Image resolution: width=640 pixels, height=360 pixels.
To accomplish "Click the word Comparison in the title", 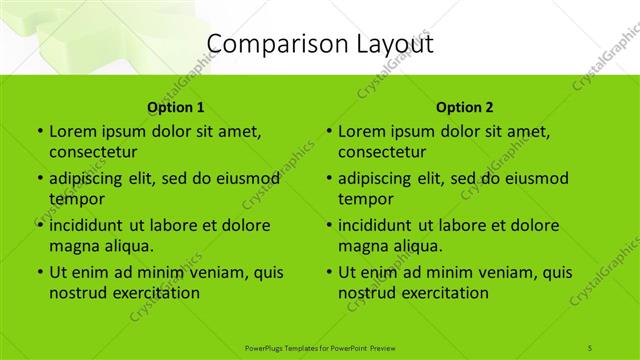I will (x=267, y=45).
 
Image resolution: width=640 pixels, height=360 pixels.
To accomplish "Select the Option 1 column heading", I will (x=176, y=107).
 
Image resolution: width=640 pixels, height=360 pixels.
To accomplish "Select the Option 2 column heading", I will (x=465, y=107).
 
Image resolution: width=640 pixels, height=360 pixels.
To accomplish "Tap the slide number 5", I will (x=590, y=347).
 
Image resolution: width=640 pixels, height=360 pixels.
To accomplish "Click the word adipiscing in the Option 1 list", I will (x=92, y=179).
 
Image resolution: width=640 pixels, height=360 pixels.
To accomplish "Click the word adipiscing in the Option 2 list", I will (x=381, y=179).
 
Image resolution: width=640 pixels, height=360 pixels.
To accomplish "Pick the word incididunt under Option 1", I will (x=89, y=225).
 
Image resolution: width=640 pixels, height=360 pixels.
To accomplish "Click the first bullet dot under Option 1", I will (x=39, y=132).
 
